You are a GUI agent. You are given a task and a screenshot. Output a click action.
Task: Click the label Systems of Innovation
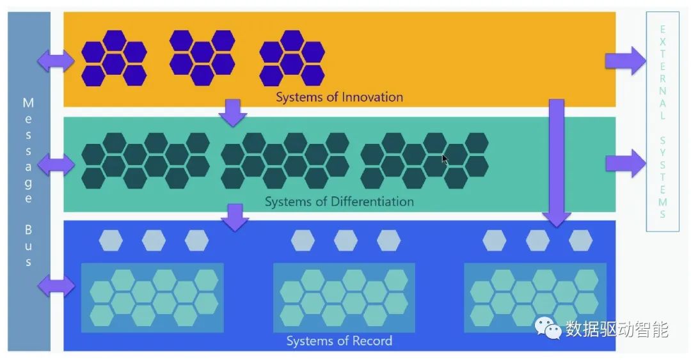(x=339, y=97)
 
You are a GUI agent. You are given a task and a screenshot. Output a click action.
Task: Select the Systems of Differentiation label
(x=339, y=201)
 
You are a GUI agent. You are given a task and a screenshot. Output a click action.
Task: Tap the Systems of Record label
(x=339, y=341)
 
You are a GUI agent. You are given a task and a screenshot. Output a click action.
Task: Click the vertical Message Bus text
(x=28, y=182)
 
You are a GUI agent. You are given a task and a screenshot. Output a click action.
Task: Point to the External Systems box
(x=662, y=121)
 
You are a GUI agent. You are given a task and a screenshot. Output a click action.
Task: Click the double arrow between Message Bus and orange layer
(x=56, y=61)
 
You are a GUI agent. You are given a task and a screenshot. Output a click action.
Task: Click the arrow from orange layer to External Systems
(x=626, y=61)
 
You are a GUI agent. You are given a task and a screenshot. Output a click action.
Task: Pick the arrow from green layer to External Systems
(x=626, y=162)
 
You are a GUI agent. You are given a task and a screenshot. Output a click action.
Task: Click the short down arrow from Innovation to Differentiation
(x=232, y=113)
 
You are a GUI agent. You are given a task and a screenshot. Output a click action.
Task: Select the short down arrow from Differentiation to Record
(x=235, y=217)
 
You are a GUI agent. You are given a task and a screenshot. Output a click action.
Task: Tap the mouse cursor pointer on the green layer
(x=445, y=158)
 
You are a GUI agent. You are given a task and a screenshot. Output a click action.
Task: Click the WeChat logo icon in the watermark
(x=548, y=329)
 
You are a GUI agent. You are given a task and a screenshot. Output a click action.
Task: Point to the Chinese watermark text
(x=617, y=329)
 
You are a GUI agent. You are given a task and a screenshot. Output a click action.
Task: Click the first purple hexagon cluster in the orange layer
(x=114, y=58)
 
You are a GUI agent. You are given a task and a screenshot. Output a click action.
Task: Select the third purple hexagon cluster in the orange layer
(x=292, y=58)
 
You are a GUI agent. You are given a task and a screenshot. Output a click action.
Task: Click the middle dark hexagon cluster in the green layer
(x=285, y=160)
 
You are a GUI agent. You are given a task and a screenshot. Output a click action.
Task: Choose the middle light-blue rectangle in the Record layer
(x=344, y=298)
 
